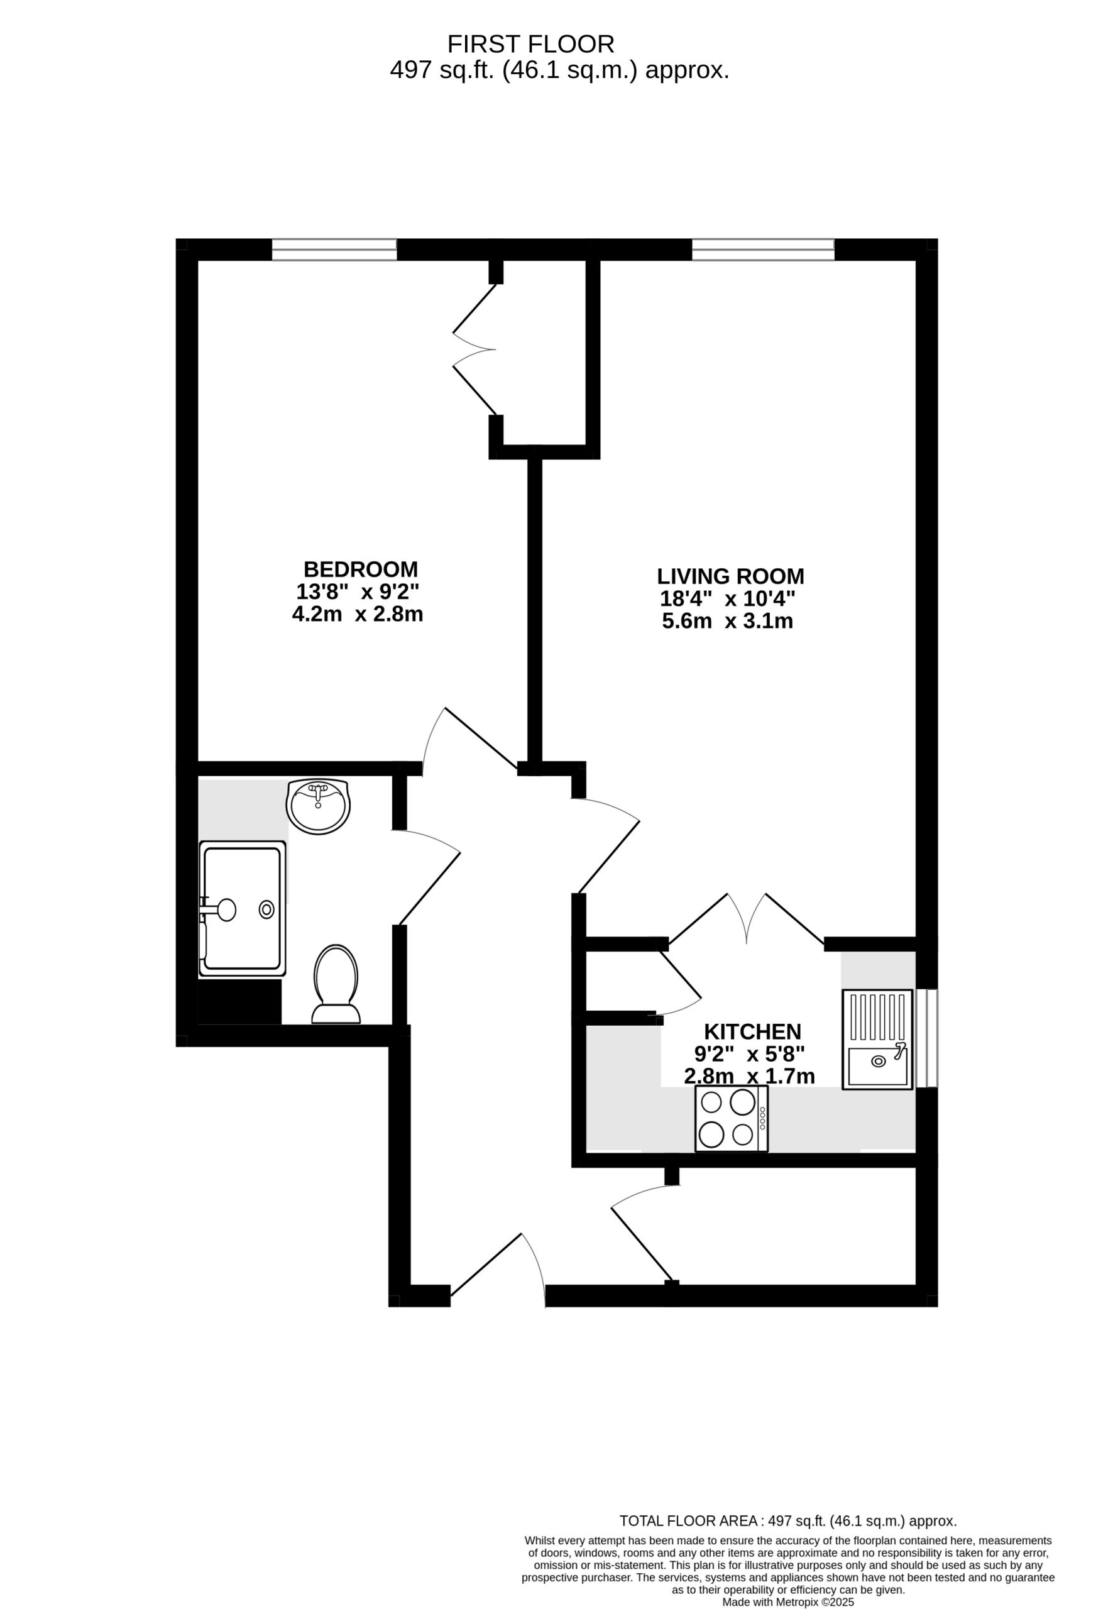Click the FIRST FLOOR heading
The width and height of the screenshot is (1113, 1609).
[x=530, y=44]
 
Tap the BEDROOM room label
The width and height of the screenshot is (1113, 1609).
[x=361, y=568]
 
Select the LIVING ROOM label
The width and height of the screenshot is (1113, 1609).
[x=730, y=576]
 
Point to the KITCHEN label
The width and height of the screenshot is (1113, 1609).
[x=752, y=1031]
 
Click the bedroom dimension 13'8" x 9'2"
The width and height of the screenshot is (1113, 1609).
[x=358, y=591]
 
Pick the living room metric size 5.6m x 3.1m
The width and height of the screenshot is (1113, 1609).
[x=727, y=621]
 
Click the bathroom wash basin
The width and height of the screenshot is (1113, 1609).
[x=318, y=807]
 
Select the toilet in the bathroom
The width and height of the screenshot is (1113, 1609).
[x=336, y=984]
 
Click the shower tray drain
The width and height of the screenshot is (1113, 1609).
[x=266, y=909]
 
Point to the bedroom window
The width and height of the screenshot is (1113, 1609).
[x=334, y=250]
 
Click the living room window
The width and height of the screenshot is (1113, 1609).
[x=763, y=250]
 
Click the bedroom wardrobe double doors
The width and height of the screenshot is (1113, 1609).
[x=475, y=349]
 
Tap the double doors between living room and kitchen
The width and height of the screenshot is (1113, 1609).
[x=746, y=920]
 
